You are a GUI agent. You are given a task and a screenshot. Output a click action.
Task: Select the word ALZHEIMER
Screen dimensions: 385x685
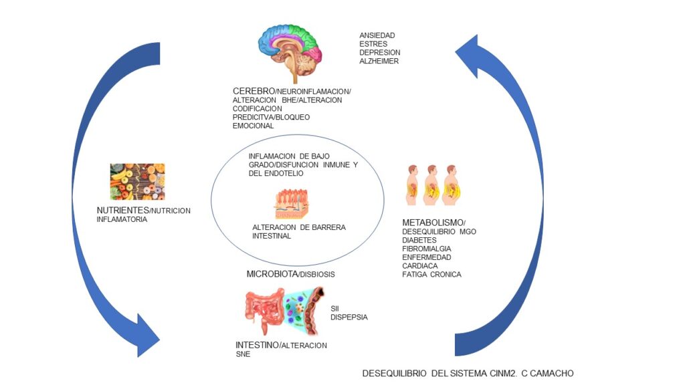pyautogui.click(x=379, y=61)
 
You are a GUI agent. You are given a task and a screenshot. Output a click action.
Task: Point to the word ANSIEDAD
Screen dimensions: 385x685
pyautogui.click(x=377, y=35)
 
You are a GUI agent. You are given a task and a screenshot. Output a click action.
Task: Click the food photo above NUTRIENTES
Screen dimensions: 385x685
pyautogui.click(x=137, y=182)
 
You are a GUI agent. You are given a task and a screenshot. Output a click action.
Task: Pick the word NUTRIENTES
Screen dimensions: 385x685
pyautogui.click(x=122, y=211)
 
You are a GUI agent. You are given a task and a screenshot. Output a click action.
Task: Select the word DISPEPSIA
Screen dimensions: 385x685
pyautogui.click(x=349, y=317)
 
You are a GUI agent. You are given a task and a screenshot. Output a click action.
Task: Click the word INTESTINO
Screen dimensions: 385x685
pyautogui.click(x=256, y=346)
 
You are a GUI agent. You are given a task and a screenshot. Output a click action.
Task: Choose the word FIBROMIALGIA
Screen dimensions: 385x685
pyautogui.click(x=427, y=249)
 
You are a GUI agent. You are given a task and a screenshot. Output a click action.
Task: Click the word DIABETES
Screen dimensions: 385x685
pyautogui.click(x=419, y=240)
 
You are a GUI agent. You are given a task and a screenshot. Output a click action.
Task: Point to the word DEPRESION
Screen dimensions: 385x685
pyautogui.click(x=379, y=52)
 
